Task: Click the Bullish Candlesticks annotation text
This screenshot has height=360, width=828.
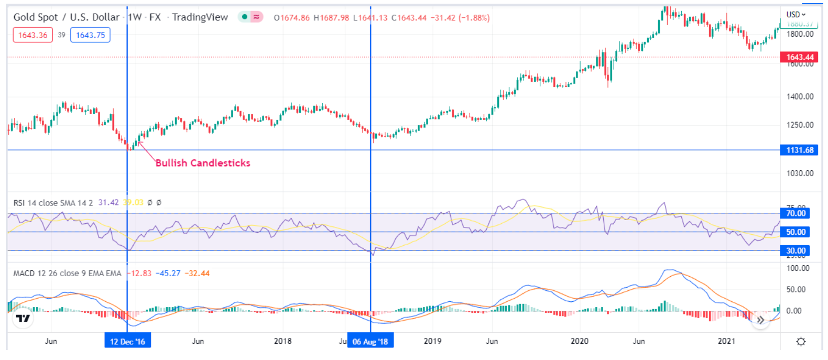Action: tap(203, 163)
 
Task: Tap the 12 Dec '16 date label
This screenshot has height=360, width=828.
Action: tap(127, 342)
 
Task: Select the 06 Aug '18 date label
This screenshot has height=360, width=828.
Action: tap(370, 342)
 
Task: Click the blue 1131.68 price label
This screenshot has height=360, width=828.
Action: tap(799, 150)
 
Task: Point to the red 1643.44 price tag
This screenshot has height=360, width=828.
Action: tap(799, 57)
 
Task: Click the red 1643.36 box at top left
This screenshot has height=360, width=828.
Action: tap(32, 35)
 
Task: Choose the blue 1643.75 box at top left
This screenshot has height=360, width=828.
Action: tap(90, 35)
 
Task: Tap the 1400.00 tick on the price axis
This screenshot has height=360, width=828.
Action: tap(800, 96)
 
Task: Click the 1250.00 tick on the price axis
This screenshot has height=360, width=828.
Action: tap(800, 125)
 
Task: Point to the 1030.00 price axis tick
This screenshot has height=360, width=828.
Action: tap(800, 173)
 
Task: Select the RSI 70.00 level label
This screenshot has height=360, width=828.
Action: tap(796, 213)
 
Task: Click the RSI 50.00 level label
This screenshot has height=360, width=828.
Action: tap(796, 232)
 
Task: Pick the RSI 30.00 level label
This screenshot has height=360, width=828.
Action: tap(796, 251)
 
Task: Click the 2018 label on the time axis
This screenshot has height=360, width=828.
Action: tap(282, 341)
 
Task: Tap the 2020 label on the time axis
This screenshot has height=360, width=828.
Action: tap(579, 341)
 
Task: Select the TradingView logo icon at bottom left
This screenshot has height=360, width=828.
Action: tap(23, 318)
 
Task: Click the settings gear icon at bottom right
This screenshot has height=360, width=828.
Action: tap(801, 342)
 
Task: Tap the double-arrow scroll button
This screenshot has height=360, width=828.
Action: tap(760, 320)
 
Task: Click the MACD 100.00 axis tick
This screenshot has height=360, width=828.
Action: tap(798, 268)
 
